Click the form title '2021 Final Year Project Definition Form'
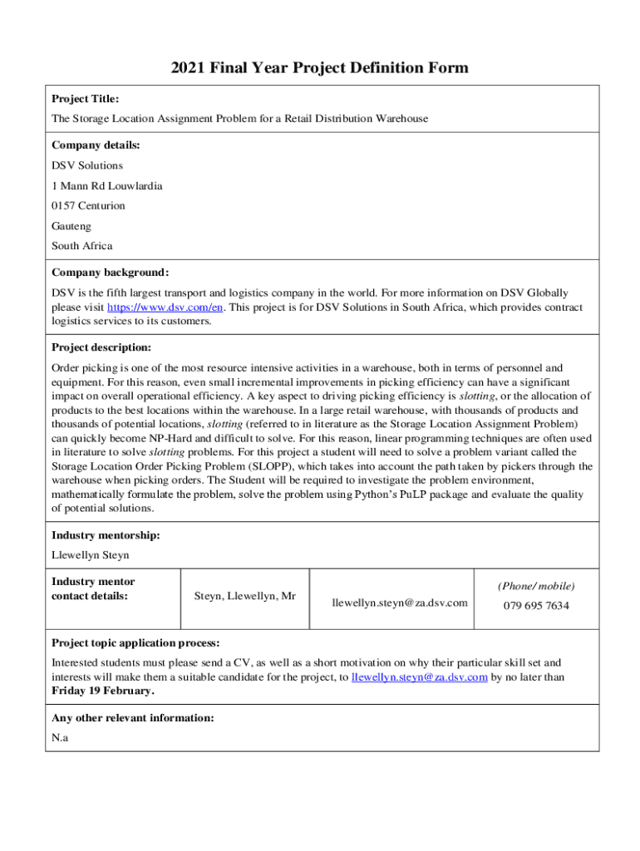(x=320, y=67)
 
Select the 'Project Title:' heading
(x=85, y=98)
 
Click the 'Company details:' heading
(x=96, y=145)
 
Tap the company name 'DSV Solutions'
(x=87, y=165)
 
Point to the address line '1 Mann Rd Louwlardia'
(x=107, y=185)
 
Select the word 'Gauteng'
(x=71, y=225)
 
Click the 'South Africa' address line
(x=81, y=246)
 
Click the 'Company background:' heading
(x=110, y=273)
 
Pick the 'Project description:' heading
(x=101, y=347)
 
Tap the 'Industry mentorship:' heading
(x=106, y=535)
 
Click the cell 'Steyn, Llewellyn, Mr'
(x=244, y=596)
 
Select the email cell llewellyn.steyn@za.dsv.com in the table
(x=400, y=602)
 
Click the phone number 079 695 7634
(x=536, y=605)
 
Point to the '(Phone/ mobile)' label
(x=536, y=585)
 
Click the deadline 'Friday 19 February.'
(x=102, y=691)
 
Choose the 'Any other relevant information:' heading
(x=132, y=717)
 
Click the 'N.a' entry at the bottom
(x=60, y=737)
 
